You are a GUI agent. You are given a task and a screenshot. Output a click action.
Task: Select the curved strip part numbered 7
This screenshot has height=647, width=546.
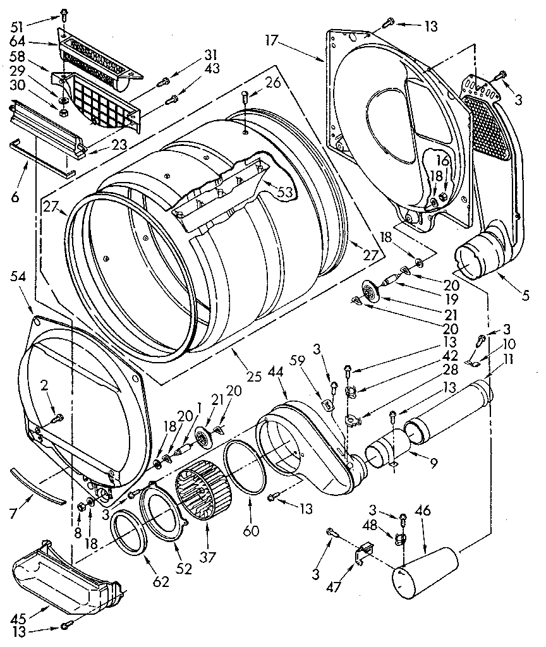pyautogui.click(x=38, y=487)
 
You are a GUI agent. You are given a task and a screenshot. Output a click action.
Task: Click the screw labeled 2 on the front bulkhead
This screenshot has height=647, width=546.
pyautogui.click(x=57, y=417)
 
